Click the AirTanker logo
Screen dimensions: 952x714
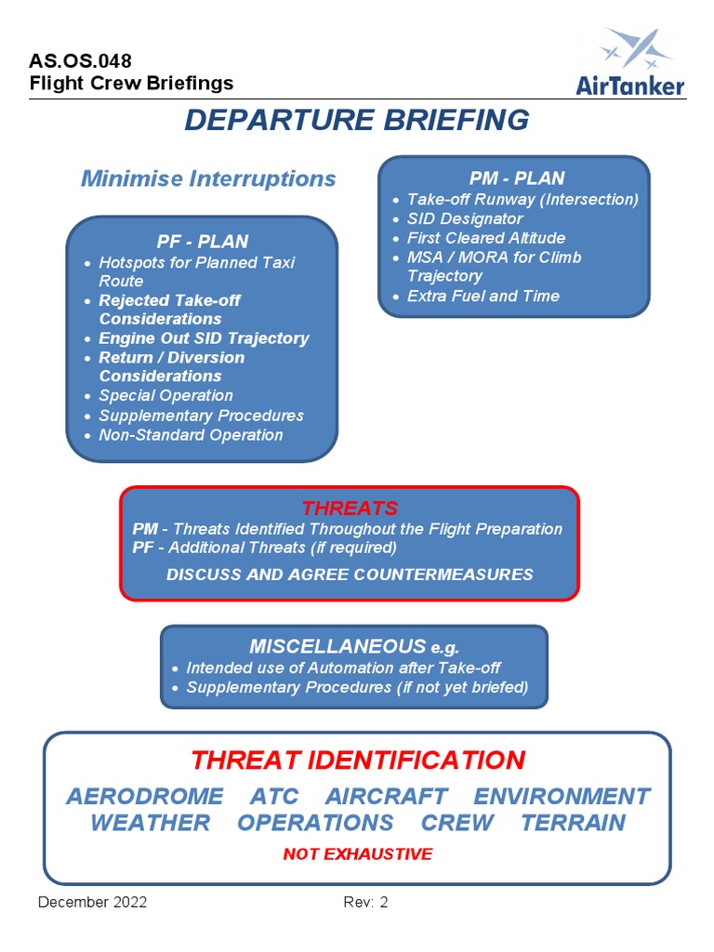630,61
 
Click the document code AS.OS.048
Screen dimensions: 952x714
81,61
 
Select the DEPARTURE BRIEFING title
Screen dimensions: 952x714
357,120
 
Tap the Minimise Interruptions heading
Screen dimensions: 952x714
208,178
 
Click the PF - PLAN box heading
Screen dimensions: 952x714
202,242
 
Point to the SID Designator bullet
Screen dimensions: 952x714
465,218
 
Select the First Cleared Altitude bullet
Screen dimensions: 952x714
485,238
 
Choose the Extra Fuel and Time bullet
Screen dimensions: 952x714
483,297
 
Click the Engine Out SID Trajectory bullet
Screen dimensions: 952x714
204,338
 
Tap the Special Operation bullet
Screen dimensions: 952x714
165,396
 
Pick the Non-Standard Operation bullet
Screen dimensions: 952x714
191,435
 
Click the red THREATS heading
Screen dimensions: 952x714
350,509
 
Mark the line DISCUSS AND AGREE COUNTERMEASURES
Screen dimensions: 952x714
350,575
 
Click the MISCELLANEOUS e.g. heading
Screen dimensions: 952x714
354,647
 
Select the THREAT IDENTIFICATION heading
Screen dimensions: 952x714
358,760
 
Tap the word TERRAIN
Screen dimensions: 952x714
573,823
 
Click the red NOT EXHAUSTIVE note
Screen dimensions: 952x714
358,853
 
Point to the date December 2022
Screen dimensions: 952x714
92,903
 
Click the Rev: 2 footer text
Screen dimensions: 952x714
365,903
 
